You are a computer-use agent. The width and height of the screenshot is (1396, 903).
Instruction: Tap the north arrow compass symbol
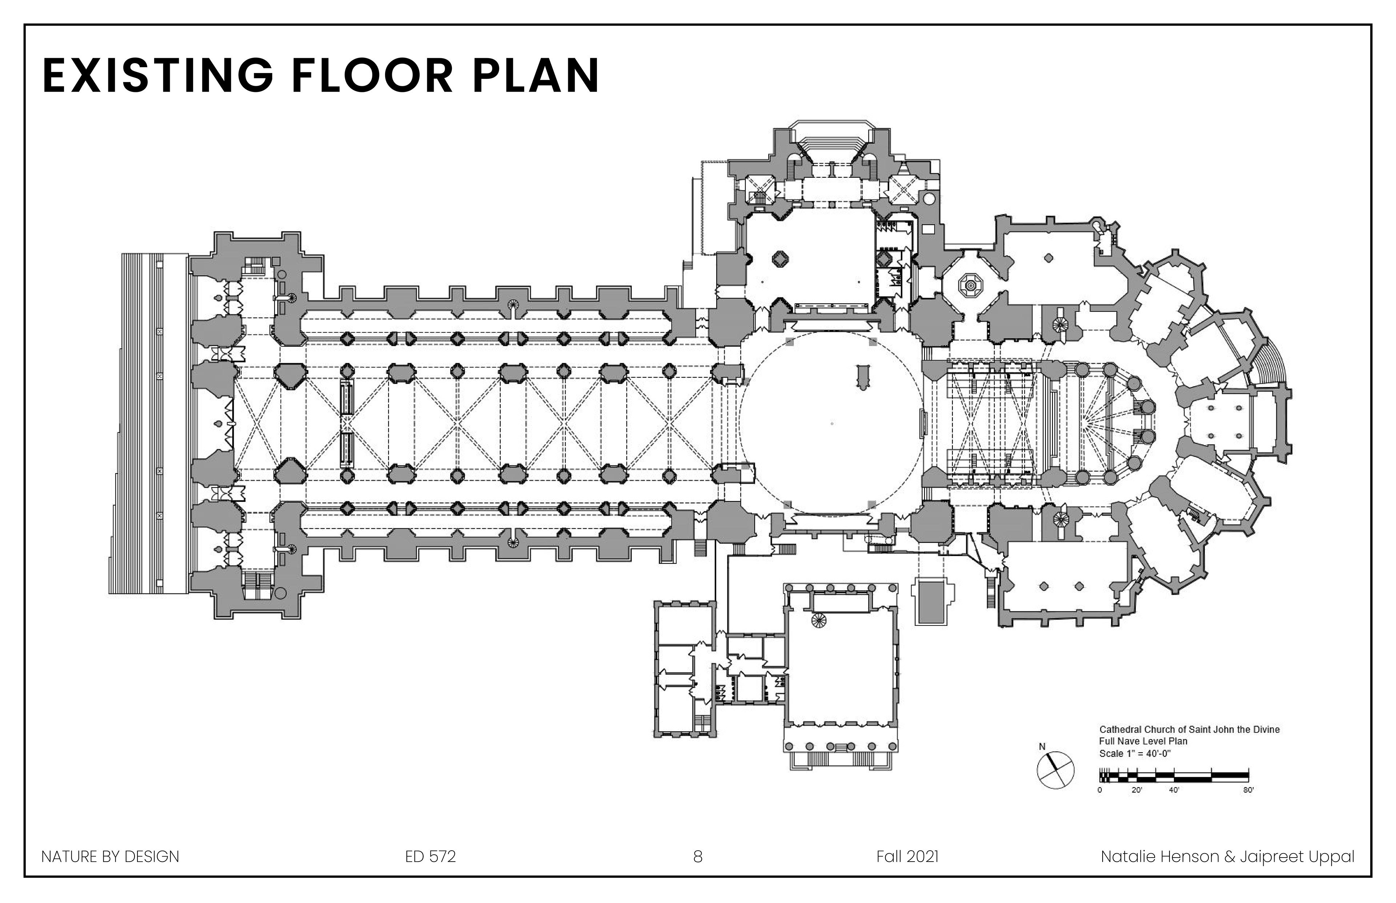[1055, 770]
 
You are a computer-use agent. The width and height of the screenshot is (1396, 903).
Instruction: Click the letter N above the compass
[1042, 746]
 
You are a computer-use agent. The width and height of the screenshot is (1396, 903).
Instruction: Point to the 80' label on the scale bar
[1248, 790]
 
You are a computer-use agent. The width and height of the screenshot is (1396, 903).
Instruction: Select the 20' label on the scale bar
[1137, 790]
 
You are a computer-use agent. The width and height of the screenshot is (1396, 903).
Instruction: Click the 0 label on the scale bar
[1100, 790]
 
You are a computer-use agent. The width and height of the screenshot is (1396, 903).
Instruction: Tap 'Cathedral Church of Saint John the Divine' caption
[1190, 729]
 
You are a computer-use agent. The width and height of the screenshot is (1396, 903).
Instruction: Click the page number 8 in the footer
[697, 857]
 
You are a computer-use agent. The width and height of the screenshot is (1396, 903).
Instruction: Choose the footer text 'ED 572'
[430, 857]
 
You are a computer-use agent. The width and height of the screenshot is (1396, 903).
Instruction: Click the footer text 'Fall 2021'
[907, 857]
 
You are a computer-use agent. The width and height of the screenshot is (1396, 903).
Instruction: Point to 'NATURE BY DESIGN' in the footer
[110, 857]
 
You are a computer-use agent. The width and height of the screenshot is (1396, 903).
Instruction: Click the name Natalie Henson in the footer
[1160, 857]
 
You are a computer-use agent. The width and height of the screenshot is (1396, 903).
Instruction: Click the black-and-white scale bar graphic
[1174, 776]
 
